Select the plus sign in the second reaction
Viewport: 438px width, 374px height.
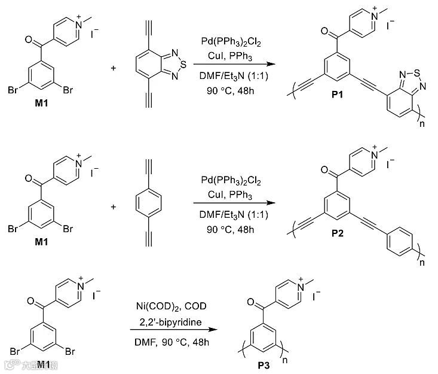pos(114,206)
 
